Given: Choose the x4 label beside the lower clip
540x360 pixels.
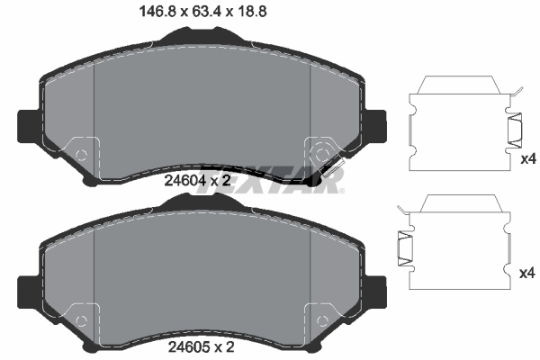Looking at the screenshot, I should [528, 271].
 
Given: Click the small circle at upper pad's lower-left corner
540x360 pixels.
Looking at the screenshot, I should [81, 155].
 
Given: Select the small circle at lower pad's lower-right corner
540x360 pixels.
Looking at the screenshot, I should [323, 321].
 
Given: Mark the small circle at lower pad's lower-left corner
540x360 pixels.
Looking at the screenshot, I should [81, 321].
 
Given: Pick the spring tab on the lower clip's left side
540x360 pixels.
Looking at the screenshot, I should [404, 245].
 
